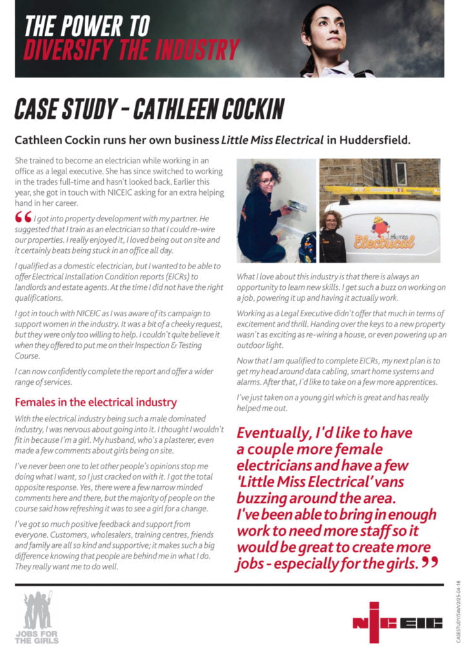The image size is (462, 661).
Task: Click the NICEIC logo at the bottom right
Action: pos(397,622)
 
